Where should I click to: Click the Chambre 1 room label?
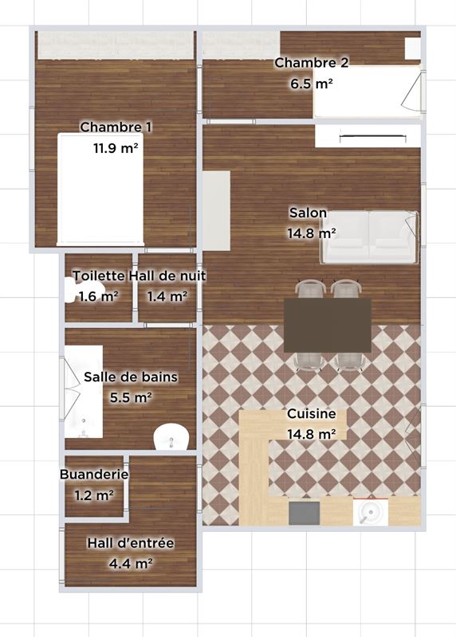coord(116,127)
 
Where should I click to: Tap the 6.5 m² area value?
coord(312,84)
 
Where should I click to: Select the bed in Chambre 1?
coord(100,190)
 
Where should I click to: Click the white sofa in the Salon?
coord(368,237)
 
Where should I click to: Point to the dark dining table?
coord(328,325)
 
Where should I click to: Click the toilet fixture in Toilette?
coord(69,290)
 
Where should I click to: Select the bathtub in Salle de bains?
coord(84,392)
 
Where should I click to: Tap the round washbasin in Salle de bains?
coord(171,436)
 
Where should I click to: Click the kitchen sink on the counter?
coord(370,512)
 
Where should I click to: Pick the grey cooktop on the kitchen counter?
coord(305,513)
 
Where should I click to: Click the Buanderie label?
coord(94,474)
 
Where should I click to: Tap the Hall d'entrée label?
coord(131,543)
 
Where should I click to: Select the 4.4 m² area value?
coord(131,564)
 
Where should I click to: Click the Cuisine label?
coord(312,413)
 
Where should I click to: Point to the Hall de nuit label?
coord(167,276)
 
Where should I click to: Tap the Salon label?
coord(308,213)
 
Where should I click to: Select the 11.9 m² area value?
coord(116,148)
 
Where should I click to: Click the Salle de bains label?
coord(131,377)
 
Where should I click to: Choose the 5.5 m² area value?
coord(131,397)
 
